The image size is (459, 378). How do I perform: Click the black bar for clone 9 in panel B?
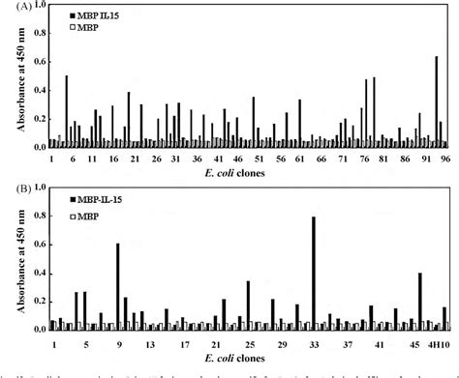[x=117, y=286]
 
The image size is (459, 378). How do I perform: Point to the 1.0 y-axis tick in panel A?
[x=38, y=8]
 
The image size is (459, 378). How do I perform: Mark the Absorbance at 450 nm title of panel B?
[x=12, y=267]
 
